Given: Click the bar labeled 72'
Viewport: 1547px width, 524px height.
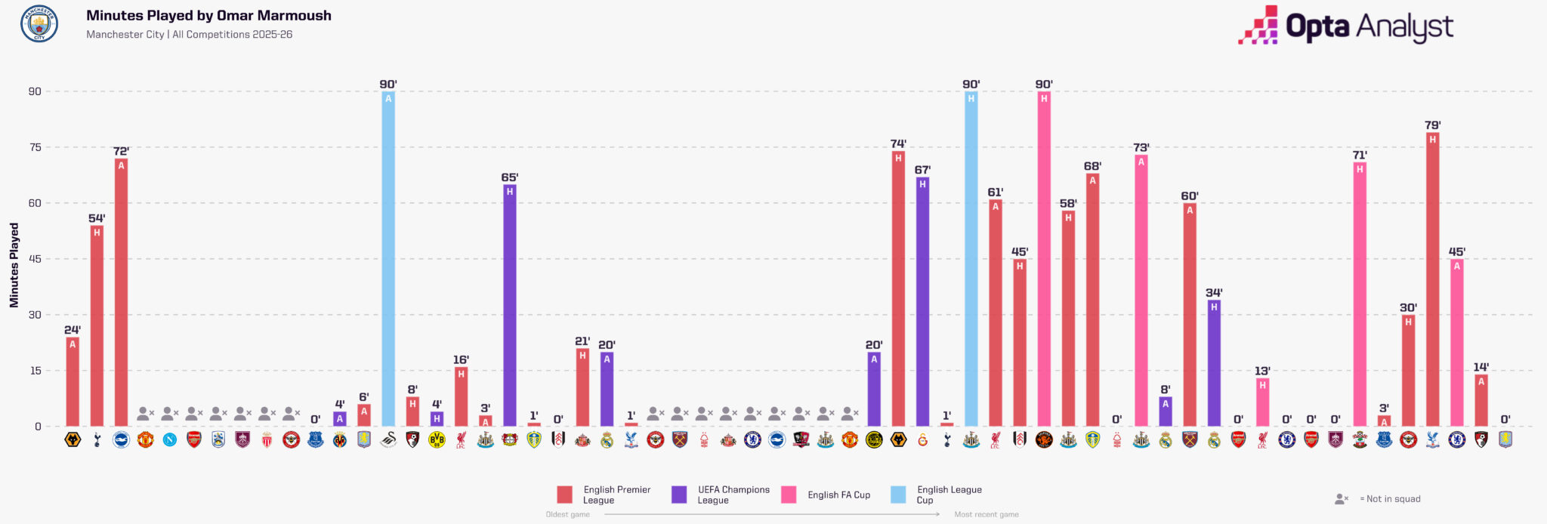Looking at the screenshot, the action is (121, 292).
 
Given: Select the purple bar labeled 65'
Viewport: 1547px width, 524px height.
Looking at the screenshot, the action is (510, 306).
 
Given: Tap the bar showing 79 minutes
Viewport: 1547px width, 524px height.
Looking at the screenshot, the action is (1432, 279).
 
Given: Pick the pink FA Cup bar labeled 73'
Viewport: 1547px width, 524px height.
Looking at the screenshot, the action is (1141, 291).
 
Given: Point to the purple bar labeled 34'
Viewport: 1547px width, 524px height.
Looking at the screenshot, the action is (1214, 363).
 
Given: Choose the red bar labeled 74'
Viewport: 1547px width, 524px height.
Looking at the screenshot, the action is (898, 289).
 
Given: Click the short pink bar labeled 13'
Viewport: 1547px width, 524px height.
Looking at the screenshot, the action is (1262, 402).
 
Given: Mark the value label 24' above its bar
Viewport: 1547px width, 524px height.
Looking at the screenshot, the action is (73, 330).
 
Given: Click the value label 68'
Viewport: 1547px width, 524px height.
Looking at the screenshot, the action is (1092, 166).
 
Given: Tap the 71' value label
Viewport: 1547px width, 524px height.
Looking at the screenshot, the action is (1360, 156).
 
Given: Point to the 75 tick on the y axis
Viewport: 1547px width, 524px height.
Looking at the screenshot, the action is (35, 147).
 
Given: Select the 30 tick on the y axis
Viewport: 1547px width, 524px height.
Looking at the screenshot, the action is (35, 315).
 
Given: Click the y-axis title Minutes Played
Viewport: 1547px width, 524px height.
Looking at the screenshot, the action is (14, 265).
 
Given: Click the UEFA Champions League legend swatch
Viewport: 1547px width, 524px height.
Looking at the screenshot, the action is (679, 495).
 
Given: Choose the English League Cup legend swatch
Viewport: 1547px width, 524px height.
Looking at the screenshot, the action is (898, 495).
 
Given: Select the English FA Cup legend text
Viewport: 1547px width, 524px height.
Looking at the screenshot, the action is (838, 495).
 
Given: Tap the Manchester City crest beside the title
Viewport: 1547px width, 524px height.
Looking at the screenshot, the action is (39, 23).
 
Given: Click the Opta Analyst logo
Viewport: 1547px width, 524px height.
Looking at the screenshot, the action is (1345, 25).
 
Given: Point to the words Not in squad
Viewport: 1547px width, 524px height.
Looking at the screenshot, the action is (1393, 499).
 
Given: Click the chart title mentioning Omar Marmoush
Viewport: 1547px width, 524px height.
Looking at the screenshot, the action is (208, 15).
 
